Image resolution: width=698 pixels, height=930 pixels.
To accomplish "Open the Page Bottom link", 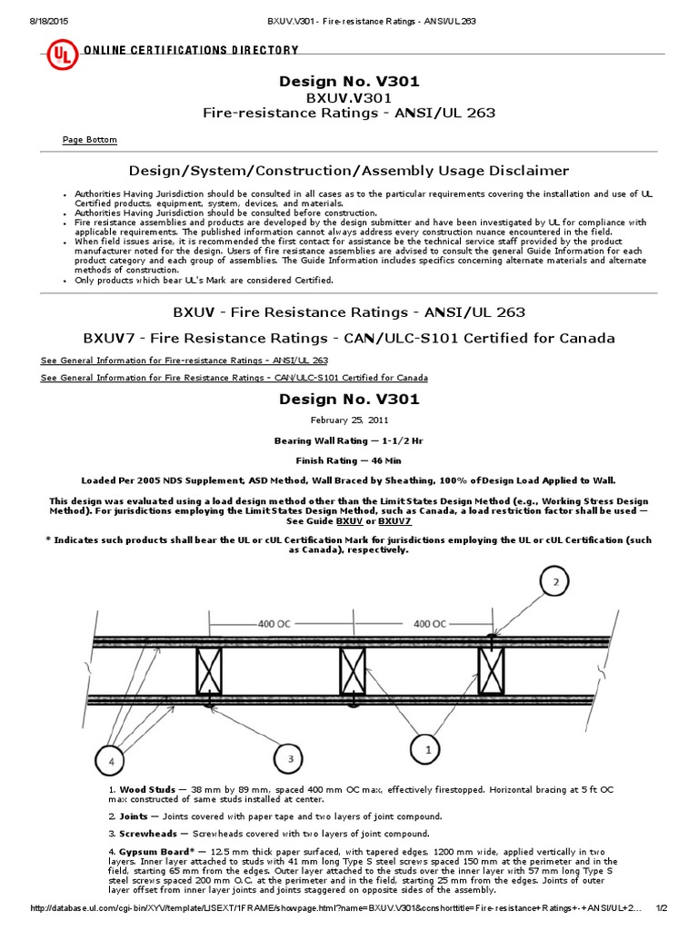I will click(x=89, y=140).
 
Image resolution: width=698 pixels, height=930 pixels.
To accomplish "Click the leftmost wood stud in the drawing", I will click(x=210, y=672).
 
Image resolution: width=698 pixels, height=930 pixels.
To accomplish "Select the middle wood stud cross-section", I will click(x=353, y=672).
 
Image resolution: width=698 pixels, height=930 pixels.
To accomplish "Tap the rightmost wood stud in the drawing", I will click(x=492, y=672).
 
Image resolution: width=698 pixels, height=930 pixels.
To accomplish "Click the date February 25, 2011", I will click(x=348, y=421).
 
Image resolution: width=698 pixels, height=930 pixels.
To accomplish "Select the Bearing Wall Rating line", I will click(x=348, y=440).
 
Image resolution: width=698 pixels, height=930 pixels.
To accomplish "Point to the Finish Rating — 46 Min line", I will click(x=348, y=460).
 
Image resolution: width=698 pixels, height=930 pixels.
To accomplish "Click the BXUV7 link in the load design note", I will click(x=394, y=521).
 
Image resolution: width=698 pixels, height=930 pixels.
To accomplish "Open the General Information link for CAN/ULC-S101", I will click(x=234, y=378).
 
